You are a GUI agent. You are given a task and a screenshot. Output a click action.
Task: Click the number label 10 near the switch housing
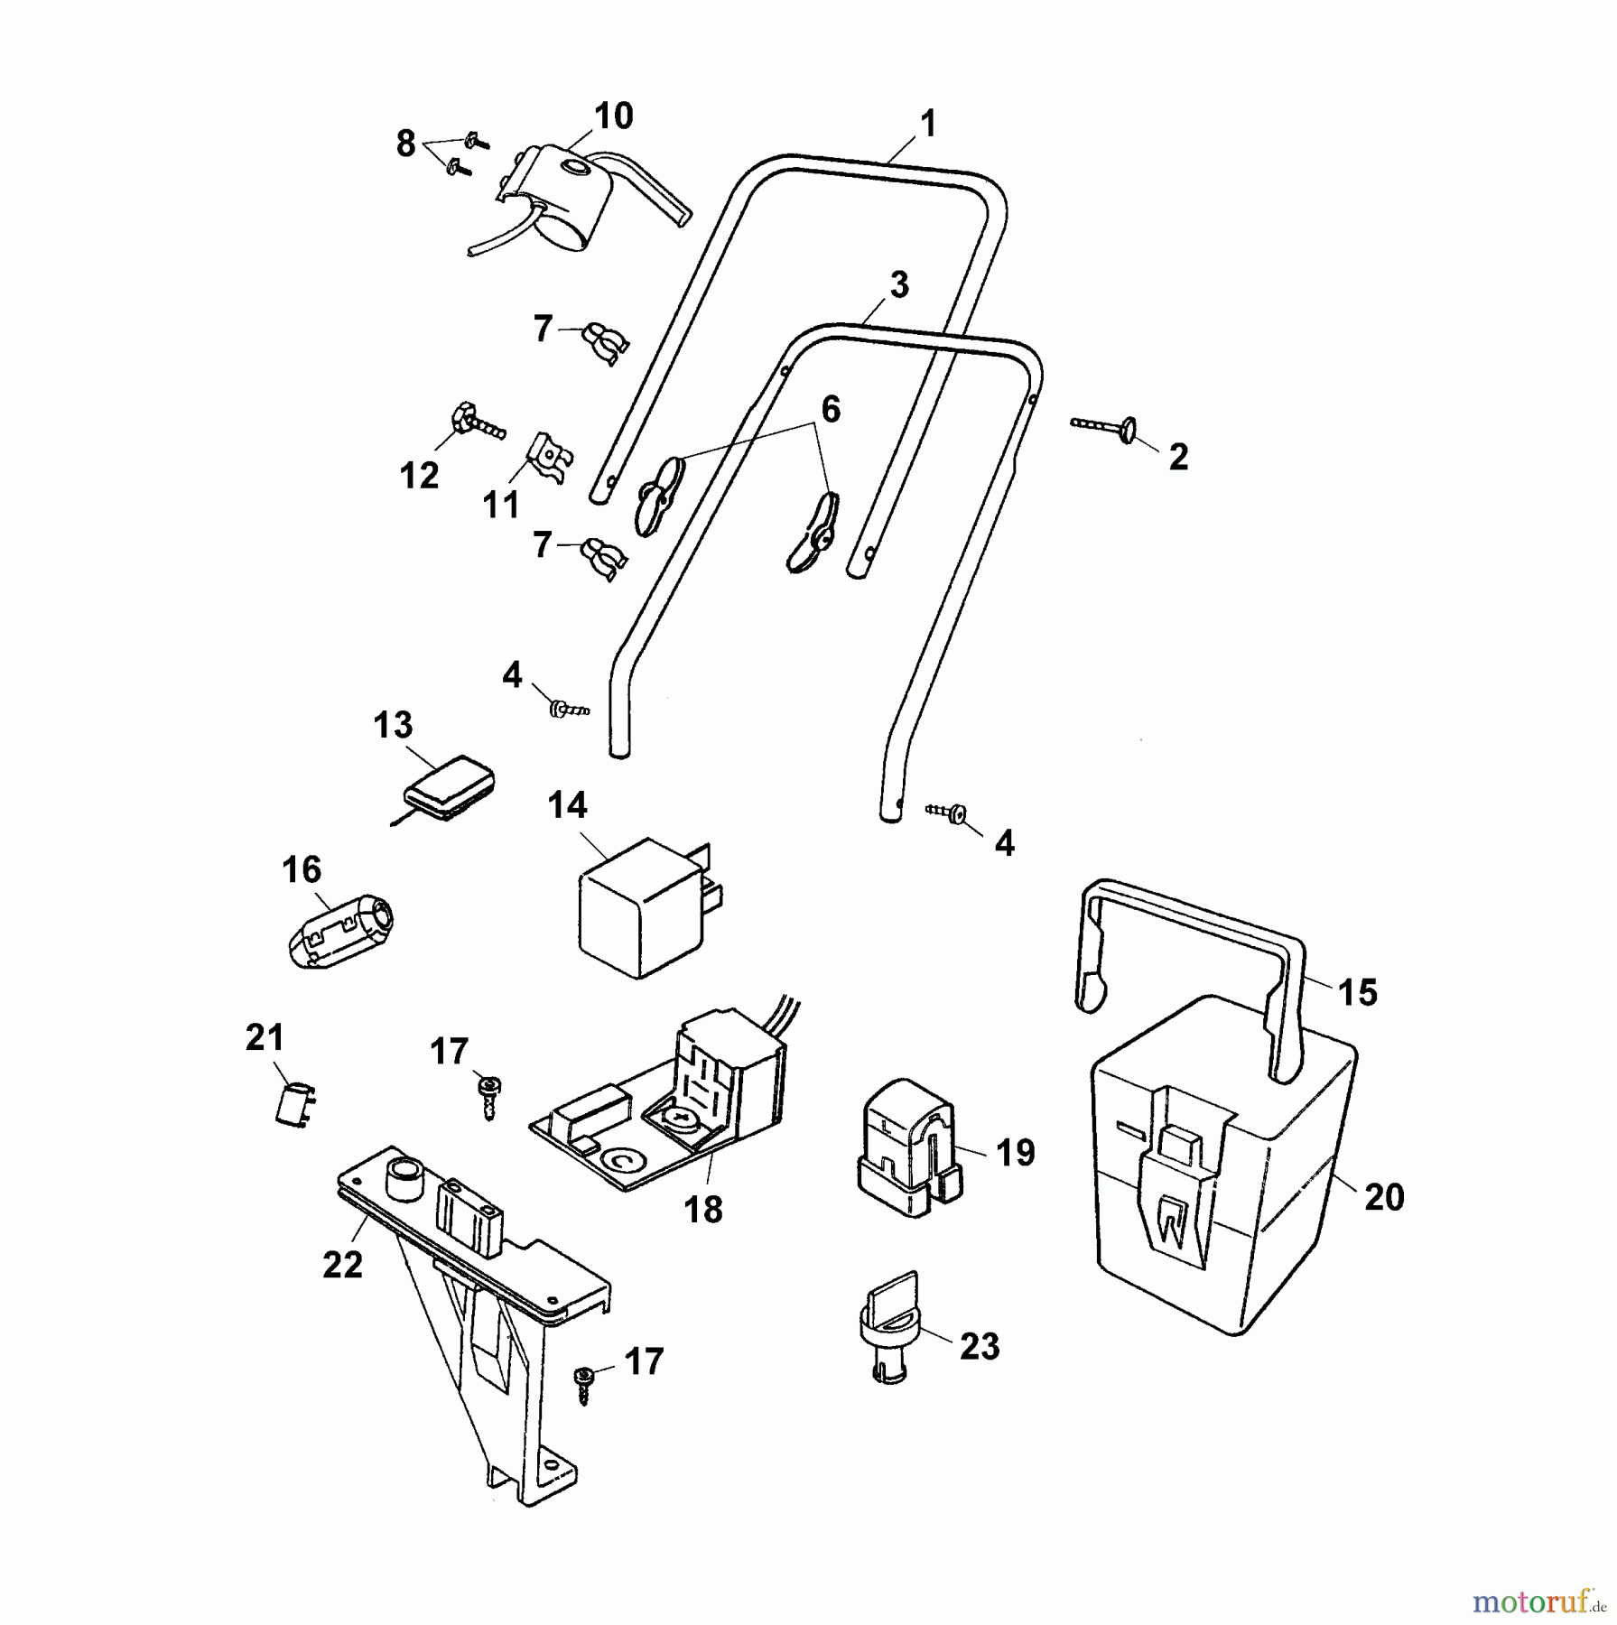[x=614, y=116]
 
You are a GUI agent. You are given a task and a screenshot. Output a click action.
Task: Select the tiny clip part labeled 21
[x=293, y=1104]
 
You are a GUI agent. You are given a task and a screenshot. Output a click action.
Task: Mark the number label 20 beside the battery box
[x=1384, y=1197]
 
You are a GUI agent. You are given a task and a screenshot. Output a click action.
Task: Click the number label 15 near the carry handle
[x=1357, y=992]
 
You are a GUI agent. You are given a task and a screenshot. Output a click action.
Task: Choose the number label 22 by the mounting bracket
[x=342, y=1264]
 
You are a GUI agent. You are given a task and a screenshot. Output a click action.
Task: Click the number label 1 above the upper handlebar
[x=929, y=124]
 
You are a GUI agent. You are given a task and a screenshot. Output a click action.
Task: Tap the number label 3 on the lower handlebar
[x=898, y=284]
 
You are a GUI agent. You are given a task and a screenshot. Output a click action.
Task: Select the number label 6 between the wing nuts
[x=830, y=409]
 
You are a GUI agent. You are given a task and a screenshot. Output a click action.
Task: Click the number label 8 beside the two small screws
[x=406, y=143]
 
